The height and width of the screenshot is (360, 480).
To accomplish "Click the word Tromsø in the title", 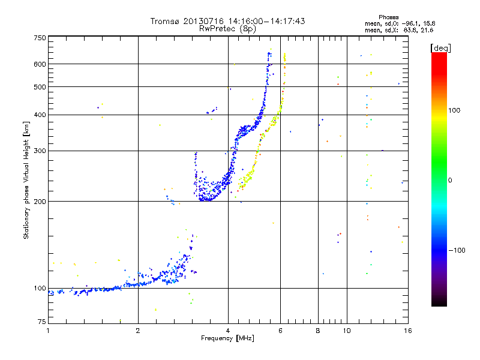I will [164, 21].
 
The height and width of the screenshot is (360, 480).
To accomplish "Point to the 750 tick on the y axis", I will [40, 37].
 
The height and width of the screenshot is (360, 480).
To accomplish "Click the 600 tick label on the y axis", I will [40, 64].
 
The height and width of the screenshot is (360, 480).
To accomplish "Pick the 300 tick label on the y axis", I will [40, 151].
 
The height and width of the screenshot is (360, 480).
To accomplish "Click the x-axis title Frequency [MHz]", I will [227, 338].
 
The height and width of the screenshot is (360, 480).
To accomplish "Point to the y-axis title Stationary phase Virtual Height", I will [26, 180].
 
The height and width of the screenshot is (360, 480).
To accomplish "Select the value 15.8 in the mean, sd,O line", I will [427, 23].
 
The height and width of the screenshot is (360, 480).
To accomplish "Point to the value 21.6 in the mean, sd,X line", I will [427, 29].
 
